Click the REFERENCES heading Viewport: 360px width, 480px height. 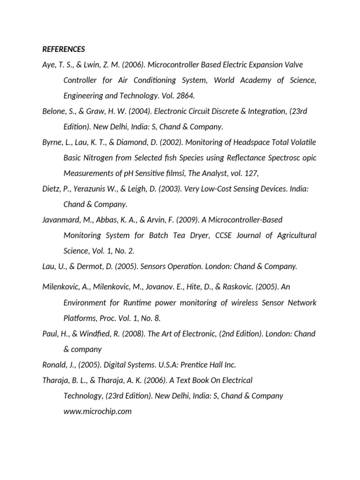[x=63, y=49]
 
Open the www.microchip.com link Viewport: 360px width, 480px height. [x=97, y=412]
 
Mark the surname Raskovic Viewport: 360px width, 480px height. [x=241, y=287]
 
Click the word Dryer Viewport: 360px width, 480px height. [x=197, y=235]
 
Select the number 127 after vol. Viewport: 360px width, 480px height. [x=251, y=173]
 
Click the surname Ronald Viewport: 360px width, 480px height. [x=54, y=365]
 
